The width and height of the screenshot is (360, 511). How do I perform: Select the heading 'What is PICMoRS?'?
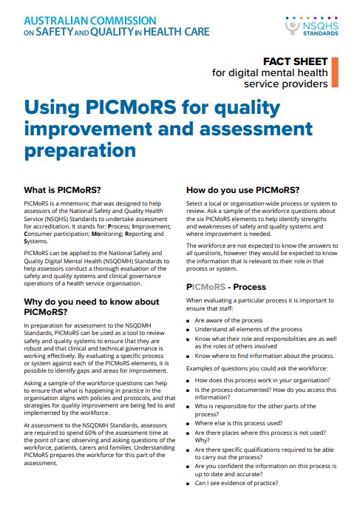pyautogui.click(x=63, y=189)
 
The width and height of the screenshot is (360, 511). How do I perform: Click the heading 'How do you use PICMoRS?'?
pyautogui.click(x=242, y=189)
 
